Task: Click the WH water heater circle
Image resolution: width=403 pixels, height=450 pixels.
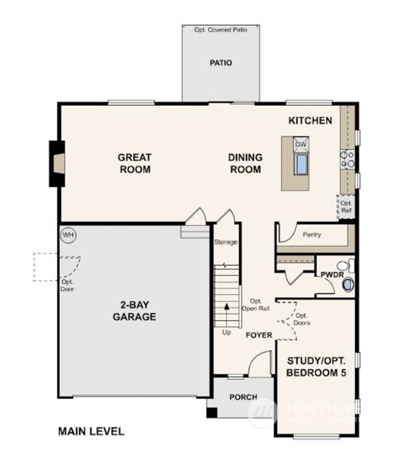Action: coord(68,235)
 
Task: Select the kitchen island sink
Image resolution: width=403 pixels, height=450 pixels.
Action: coord(301,164)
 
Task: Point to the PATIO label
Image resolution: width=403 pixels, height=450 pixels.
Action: coord(221,63)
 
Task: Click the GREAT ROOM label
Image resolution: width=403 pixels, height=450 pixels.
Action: coord(135,163)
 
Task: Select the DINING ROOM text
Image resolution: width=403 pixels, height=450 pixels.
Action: coord(245,163)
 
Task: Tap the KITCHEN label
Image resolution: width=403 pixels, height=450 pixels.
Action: coord(311,121)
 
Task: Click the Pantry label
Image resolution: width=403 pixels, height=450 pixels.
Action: coord(312,235)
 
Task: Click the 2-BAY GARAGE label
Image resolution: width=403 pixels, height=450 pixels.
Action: coord(135,311)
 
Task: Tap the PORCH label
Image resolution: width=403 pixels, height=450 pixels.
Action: coord(243,397)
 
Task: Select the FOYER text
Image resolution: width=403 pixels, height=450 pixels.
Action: coord(259,335)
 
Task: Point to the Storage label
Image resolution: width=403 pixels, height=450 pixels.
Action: coord(226,242)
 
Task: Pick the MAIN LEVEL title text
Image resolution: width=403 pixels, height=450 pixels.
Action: coord(91,431)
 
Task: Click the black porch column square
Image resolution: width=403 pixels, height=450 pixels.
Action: coord(211,413)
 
